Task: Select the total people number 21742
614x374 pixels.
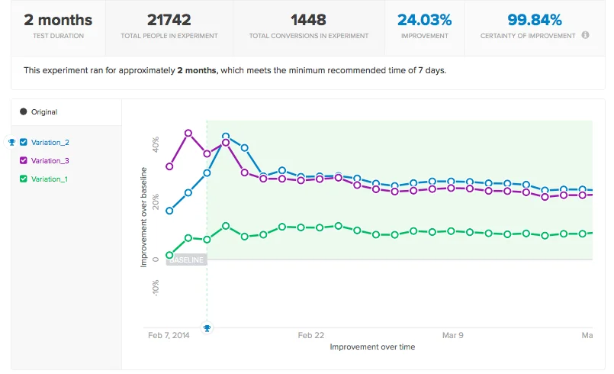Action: click(169, 20)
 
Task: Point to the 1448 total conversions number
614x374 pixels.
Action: click(309, 20)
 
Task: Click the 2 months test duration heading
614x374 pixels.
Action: click(58, 20)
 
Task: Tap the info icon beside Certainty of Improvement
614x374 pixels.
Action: click(585, 36)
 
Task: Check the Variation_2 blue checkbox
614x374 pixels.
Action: click(23, 142)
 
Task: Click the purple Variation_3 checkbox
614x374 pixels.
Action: click(23, 160)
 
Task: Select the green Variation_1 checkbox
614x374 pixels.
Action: click(23, 179)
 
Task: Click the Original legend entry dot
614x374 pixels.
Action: click(23, 112)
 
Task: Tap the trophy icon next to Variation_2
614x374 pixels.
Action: click(11, 142)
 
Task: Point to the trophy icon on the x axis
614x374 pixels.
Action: click(207, 328)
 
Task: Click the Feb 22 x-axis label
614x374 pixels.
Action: click(311, 334)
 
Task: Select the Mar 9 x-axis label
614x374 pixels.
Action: click(453, 334)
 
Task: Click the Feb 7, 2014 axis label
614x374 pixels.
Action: click(168, 334)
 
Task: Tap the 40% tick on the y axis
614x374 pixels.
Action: click(156, 144)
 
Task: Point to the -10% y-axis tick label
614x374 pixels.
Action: click(156, 288)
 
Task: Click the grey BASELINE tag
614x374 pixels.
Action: click(186, 260)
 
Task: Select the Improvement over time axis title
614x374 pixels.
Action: click(372, 347)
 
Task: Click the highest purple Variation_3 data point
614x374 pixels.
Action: click(188, 133)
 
